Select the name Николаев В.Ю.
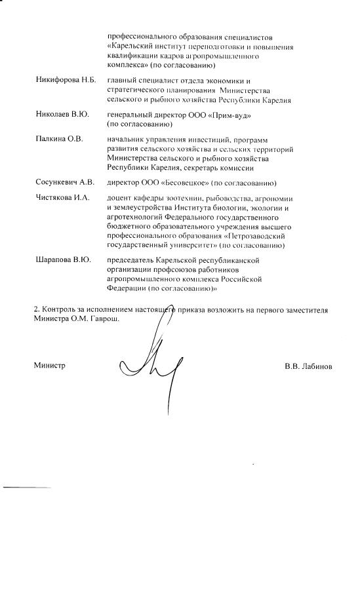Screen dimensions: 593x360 click(62, 115)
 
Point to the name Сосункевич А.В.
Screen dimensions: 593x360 click(65, 183)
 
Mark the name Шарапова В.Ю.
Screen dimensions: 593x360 click(62, 260)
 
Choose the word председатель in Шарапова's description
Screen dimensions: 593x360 click(133, 260)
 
